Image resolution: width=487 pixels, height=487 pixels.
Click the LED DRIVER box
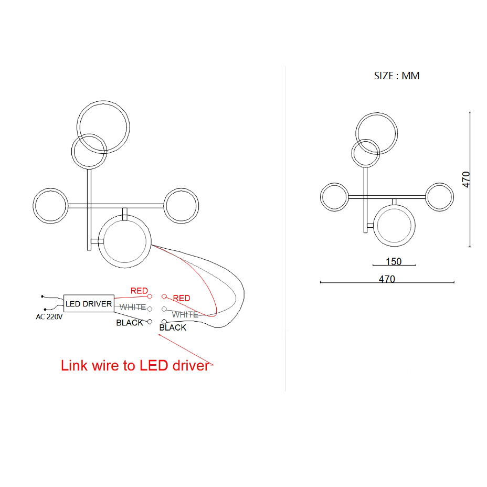(x=89, y=303)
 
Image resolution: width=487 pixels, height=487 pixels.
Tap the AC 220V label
(x=49, y=317)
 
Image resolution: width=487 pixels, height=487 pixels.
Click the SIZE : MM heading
(x=397, y=76)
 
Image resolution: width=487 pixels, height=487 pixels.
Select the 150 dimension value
(x=394, y=261)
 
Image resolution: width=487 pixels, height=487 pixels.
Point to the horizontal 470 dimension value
(x=387, y=279)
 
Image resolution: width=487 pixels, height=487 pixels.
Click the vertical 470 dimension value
(x=466, y=179)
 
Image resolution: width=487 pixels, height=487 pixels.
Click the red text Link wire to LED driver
(x=135, y=365)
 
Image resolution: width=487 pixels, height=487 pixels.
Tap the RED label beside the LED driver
(x=139, y=291)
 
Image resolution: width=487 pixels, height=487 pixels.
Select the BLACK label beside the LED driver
(x=130, y=323)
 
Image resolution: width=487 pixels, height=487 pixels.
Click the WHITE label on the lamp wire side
(x=185, y=315)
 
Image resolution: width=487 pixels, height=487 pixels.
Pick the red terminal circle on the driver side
(x=150, y=297)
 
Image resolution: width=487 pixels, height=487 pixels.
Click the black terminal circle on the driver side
(x=150, y=322)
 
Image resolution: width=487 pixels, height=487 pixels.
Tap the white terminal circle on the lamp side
(x=164, y=309)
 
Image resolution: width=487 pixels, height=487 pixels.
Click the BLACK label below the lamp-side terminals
(x=173, y=327)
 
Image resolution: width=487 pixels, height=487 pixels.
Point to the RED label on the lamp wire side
(x=182, y=298)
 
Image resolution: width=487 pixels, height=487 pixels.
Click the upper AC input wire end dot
(x=42, y=297)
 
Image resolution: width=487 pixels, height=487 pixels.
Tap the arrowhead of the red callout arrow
(x=158, y=334)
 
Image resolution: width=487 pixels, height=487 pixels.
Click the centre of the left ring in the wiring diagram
(x=50, y=206)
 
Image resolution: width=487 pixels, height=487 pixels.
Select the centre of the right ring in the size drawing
(x=439, y=197)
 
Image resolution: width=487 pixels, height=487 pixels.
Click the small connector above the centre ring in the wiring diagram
(x=125, y=214)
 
